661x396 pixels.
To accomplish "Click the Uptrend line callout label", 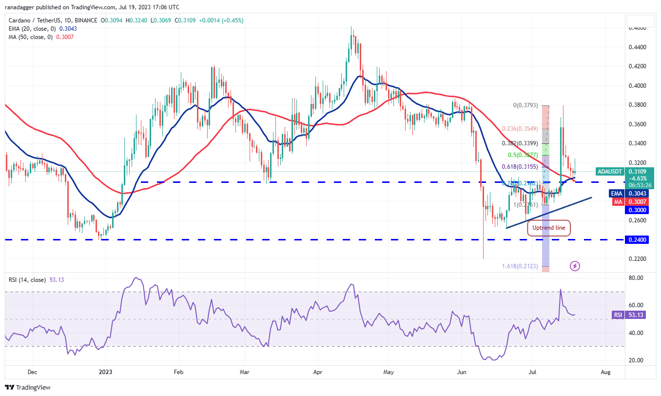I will click(x=549, y=228).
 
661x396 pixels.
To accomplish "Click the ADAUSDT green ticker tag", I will click(x=609, y=171).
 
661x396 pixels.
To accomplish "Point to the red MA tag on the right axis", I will click(x=618, y=201).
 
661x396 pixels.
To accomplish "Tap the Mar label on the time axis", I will click(x=245, y=371).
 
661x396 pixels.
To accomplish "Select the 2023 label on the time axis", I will click(x=105, y=371).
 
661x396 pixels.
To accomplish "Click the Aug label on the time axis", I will click(x=604, y=371).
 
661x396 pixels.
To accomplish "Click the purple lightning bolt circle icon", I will click(x=575, y=266).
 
